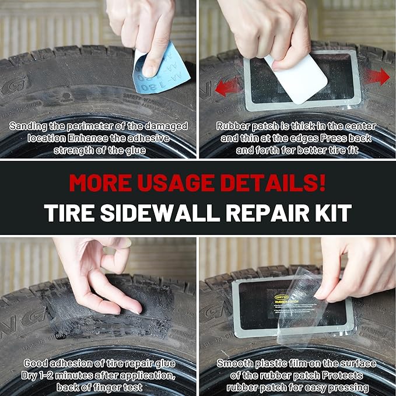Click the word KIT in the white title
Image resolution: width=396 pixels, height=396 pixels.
334,212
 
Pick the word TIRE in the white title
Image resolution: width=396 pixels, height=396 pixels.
69,212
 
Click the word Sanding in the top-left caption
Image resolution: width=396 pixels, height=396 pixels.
29,125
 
